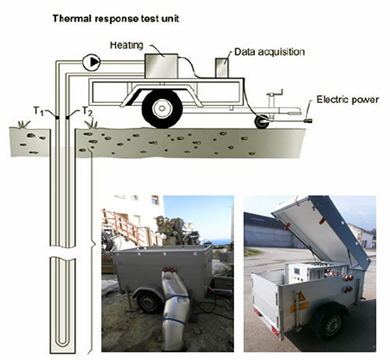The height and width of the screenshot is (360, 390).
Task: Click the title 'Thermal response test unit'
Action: pyautogui.click(x=116, y=19)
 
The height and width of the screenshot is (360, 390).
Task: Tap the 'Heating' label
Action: pyautogui.click(x=126, y=45)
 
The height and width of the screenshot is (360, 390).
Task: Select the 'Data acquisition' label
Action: pyautogui.click(x=269, y=52)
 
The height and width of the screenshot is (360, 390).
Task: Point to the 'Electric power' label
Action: pyautogui.click(x=348, y=100)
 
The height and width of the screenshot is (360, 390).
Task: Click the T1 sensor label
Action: pyautogui.click(x=38, y=111)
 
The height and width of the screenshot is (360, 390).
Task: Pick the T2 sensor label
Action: pyautogui.click(x=87, y=111)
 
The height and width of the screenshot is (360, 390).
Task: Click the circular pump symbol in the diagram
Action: pyautogui.click(x=91, y=62)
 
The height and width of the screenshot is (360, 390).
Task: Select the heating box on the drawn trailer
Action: pyautogui.click(x=161, y=65)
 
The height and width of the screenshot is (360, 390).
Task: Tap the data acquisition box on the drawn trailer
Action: pyautogui.click(x=222, y=68)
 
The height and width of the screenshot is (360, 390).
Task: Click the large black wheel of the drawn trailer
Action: pyautogui.click(x=162, y=108)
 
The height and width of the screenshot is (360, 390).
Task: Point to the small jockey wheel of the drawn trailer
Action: pyautogui.click(x=262, y=122)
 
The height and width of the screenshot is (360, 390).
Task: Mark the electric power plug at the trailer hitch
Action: pyautogui.click(x=308, y=121)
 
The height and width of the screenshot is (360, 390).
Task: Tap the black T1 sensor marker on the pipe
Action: pyautogui.click(x=57, y=118)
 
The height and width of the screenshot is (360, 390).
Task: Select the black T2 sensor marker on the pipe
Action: pyautogui.click(x=67, y=118)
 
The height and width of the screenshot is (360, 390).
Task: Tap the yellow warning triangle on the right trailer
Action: pyautogui.click(x=301, y=296)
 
